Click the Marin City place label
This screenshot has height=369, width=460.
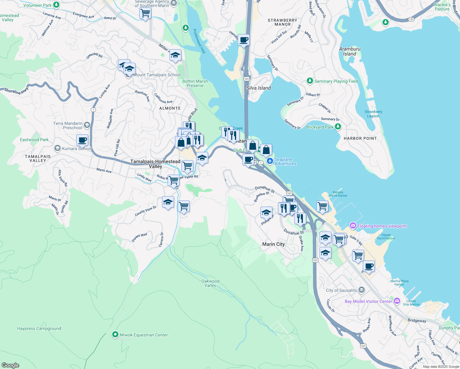[x=273, y=244]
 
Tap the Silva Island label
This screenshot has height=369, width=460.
[x=259, y=88]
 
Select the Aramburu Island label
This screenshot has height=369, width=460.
[x=350, y=51]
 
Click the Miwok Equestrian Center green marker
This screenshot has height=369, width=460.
[x=115, y=335]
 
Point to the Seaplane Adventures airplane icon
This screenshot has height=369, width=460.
[x=270, y=161]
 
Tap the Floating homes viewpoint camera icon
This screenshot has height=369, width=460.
[x=353, y=226]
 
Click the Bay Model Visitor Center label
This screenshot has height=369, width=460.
[x=368, y=301]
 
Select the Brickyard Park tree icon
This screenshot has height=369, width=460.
[x=338, y=127]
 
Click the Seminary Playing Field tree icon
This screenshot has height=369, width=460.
[x=310, y=81]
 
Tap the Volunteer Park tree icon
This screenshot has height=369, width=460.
[x=56, y=5]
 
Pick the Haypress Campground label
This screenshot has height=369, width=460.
[x=39, y=328]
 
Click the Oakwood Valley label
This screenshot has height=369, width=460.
[x=210, y=283]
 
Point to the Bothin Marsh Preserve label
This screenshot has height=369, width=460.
[x=195, y=83]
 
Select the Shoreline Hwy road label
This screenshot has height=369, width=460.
[x=16, y=91]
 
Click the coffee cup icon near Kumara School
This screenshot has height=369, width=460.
[x=82, y=140]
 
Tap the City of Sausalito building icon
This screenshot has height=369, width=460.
[x=362, y=290]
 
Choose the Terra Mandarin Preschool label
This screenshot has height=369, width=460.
[x=68, y=125]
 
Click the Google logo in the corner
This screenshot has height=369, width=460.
[x=10, y=365]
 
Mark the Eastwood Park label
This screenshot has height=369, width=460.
[x=34, y=140]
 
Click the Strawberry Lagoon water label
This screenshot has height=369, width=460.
[x=373, y=114]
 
